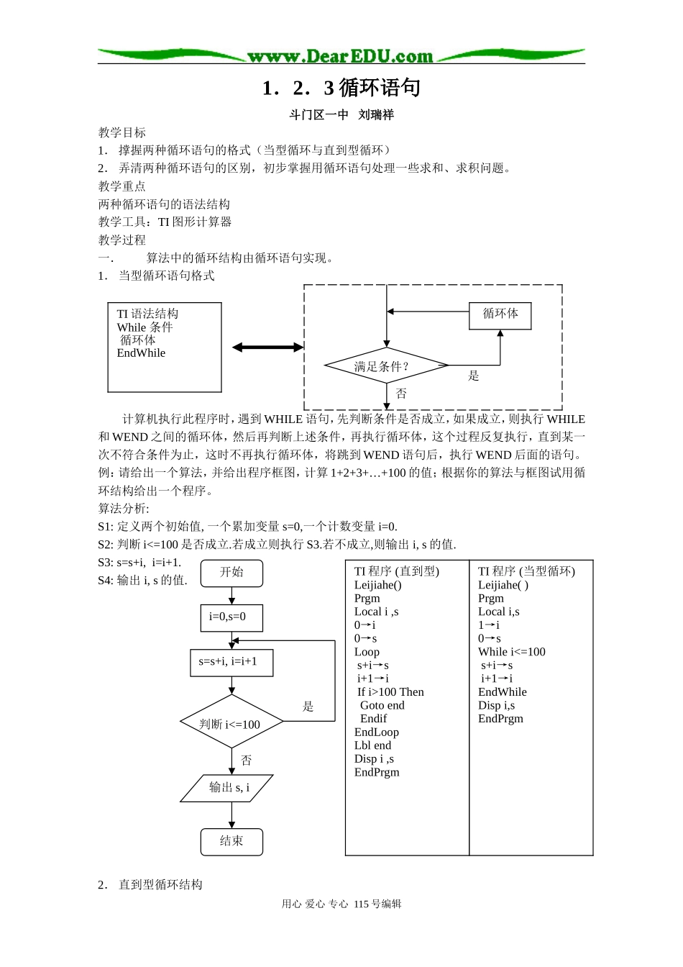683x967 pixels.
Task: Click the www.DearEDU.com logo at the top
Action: pos(340,56)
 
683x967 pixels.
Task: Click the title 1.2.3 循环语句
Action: pos(341,88)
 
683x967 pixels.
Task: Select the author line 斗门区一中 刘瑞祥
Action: pos(341,114)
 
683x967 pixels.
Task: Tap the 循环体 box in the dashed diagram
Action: pos(500,314)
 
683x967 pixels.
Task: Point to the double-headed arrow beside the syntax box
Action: pos(267,348)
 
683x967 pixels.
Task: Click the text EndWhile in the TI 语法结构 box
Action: pos(141,353)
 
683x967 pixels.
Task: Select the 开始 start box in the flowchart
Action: pos(232,573)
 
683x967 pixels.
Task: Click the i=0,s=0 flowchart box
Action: pos(231,617)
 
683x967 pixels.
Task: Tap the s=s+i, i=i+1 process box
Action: pos(231,661)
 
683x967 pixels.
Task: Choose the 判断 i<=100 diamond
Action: pos(231,724)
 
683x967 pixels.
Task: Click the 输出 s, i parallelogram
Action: pos(227,788)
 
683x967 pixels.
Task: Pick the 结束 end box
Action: pos(232,841)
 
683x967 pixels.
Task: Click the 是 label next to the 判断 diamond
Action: pos(308,707)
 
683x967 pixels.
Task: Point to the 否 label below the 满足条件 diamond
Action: pos(401,394)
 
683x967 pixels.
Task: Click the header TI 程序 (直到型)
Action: pos(396,571)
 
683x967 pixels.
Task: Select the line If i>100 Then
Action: pos(390,692)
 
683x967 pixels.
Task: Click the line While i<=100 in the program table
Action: pos(511,652)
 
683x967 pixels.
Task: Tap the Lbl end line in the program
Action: pos(372,745)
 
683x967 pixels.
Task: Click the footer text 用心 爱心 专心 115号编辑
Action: pos(341,904)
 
